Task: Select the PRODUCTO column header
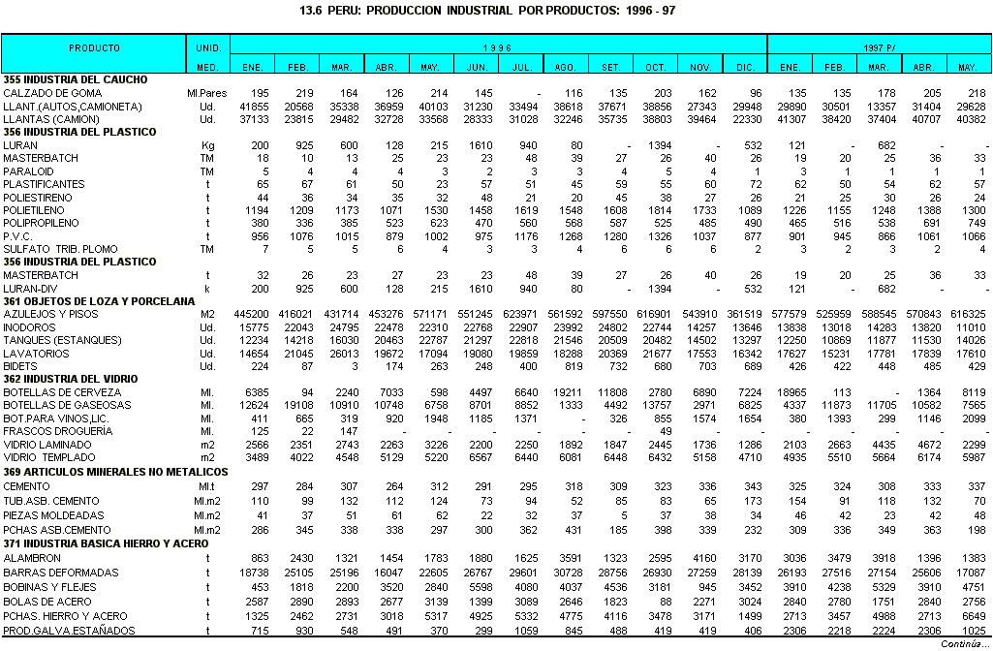(94, 46)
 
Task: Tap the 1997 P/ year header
(879, 46)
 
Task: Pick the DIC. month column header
(745, 66)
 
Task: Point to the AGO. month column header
(566, 66)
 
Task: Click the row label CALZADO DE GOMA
(53, 92)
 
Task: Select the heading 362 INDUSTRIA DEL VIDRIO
(69, 379)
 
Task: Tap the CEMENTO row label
(26, 484)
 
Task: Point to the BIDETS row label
(20, 366)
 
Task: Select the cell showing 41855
(255, 106)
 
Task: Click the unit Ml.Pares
(206, 92)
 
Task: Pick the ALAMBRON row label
(32, 559)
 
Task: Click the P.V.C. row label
(18, 235)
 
